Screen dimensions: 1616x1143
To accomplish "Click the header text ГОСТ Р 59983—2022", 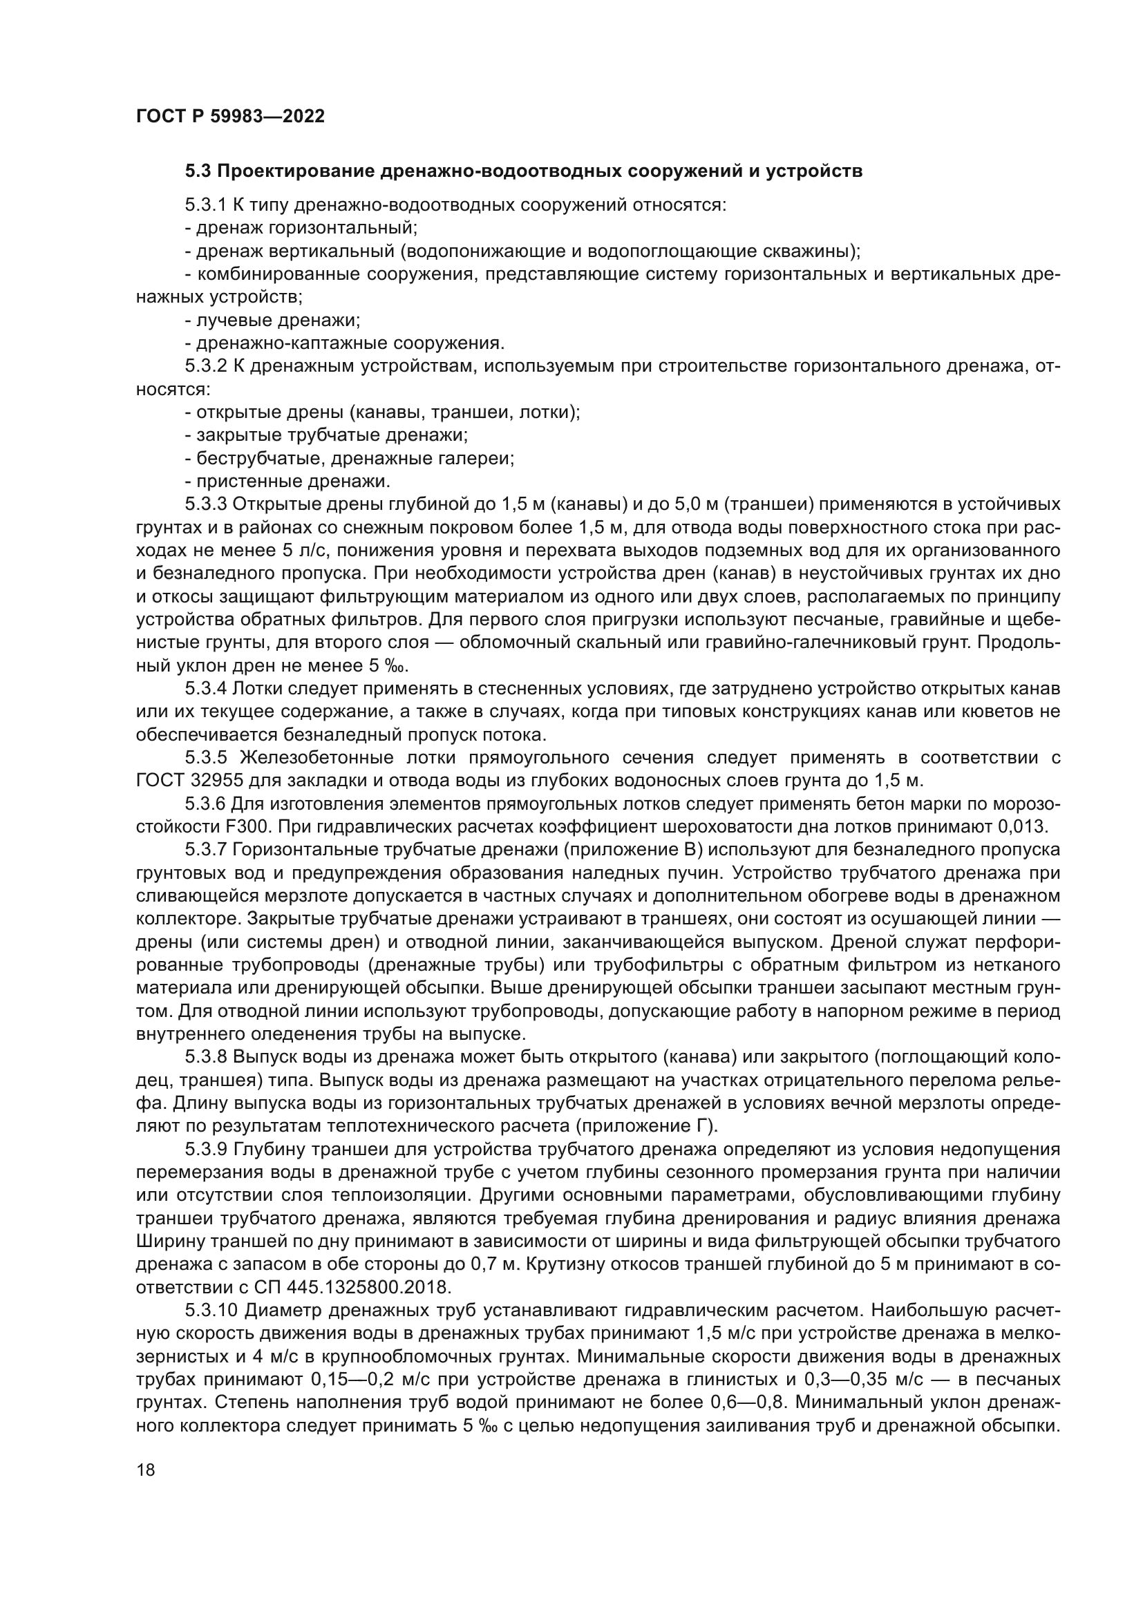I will pos(230,117).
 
